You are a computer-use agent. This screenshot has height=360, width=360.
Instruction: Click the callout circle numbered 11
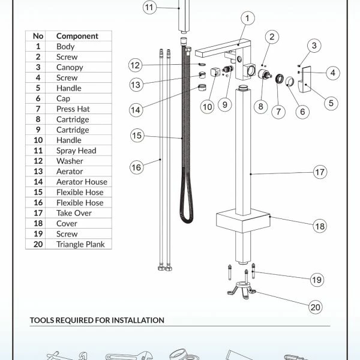[149, 7]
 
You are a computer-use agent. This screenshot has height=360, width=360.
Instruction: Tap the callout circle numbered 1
[247, 18]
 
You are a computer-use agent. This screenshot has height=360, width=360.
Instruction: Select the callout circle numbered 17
[320, 172]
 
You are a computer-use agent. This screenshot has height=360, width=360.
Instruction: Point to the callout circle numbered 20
[315, 307]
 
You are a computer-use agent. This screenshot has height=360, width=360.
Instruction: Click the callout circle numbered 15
[137, 135]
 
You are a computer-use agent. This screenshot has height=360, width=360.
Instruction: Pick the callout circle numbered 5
[331, 103]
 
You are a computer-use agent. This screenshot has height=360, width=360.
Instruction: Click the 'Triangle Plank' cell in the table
[80, 244]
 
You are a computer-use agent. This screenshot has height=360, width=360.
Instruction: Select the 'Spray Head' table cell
[76, 151]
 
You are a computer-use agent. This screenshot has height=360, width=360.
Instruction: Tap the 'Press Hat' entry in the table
[73, 109]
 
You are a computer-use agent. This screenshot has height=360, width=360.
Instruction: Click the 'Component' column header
[77, 36]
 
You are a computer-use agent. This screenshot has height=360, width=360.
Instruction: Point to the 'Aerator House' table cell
[82, 182]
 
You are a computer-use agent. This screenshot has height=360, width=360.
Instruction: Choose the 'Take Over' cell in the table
[74, 213]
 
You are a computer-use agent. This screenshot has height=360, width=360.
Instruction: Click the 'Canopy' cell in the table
[70, 67]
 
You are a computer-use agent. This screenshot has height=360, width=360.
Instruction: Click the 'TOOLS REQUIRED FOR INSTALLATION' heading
[97, 320]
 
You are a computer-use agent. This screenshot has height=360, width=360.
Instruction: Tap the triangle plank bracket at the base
[242, 290]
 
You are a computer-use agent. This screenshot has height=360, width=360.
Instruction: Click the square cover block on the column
[243, 221]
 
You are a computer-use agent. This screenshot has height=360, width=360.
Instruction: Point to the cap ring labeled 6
[290, 81]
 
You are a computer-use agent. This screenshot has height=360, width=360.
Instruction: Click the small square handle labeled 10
[215, 72]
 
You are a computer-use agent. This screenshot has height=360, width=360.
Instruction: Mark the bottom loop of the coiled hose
[187, 221]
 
